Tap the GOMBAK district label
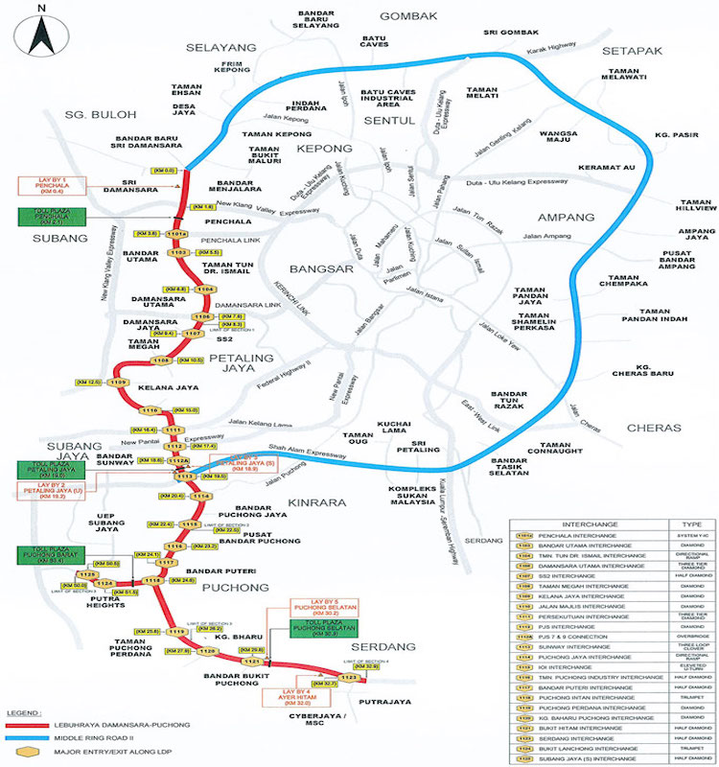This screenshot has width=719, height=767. tap(407, 16)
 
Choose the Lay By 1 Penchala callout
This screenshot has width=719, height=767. tap(51, 185)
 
